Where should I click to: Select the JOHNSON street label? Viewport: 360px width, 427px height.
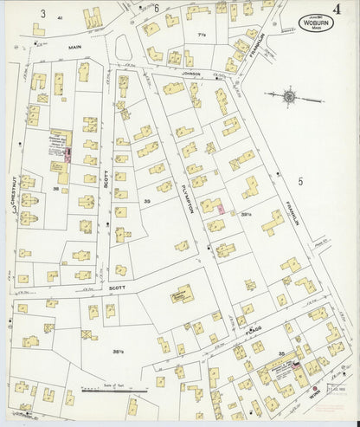pos(191,74)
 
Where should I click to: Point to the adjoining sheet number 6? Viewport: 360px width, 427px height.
pos(157,8)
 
